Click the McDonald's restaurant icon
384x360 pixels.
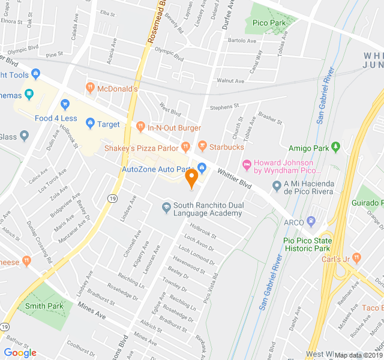pyautogui.click(x=90, y=88)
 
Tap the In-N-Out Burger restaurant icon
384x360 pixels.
pyautogui.click(x=140, y=127)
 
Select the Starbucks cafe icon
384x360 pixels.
pyautogui.click(x=202, y=146)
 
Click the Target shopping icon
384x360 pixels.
pyautogui.click(x=90, y=124)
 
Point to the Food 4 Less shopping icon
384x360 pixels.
pyautogui.click(x=65, y=104)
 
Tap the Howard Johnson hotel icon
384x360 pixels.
pyautogui.click(x=246, y=163)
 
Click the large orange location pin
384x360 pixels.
pyautogui.click(x=191, y=178)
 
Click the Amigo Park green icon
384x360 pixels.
pyautogui.click(x=335, y=147)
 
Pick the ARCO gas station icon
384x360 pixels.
pyautogui.click(x=311, y=221)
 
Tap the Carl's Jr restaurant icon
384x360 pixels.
pyautogui.click(x=357, y=258)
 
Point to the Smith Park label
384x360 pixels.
pyautogui.click(x=44, y=306)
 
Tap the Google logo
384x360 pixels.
pyautogui.click(x=20, y=353)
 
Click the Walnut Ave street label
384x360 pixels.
pyautogui.click(x=230, y=80)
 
